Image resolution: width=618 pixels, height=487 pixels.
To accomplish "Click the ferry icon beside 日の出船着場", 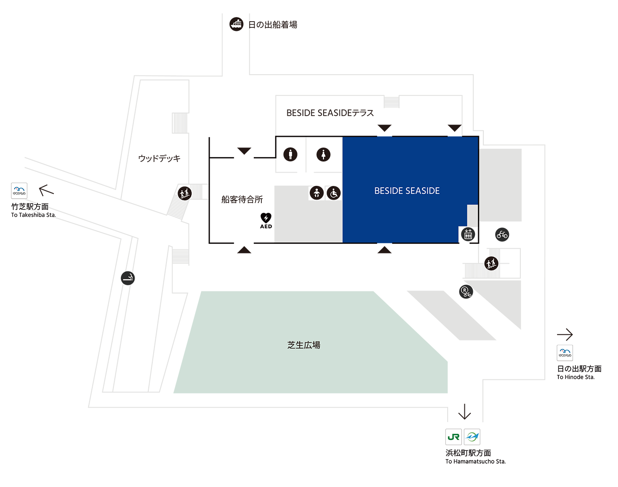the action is (236, 24).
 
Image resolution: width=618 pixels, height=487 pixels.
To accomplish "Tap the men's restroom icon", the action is (290, 154).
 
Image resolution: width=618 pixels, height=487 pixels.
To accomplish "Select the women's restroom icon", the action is (324, 154).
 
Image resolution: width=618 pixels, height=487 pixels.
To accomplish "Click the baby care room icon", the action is (317, 193).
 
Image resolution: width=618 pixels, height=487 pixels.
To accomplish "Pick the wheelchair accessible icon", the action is (333, 193).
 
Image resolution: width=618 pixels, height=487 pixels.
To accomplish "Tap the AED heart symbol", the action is (266, 218).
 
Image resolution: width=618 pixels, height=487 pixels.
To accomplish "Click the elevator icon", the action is (468, 234).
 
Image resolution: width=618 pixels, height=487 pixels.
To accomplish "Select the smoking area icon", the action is (128, 278).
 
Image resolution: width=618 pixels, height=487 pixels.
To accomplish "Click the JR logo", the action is (453, 437).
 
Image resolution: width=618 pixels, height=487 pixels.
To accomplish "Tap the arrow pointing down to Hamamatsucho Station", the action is (464, 411).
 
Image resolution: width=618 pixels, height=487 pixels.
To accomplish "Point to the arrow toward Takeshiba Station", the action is (46, 190).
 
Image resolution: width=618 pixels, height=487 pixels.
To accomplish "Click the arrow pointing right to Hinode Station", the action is (565, 334).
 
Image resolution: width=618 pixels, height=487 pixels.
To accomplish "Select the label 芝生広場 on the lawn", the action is (304, 345).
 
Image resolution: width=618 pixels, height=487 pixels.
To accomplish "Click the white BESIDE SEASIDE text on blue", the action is (407, 190).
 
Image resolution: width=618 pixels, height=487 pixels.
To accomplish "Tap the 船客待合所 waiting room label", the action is (242, 199).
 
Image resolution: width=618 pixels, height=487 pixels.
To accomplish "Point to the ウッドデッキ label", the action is (159, 158).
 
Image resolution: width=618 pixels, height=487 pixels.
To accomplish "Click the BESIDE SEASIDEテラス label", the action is (330, 113).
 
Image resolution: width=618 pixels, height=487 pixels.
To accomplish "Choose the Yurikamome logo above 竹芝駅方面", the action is (19, 190).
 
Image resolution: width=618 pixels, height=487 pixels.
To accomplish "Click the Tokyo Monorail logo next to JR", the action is (472, 437).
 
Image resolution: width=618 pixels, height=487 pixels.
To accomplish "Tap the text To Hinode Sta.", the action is (576, 377).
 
